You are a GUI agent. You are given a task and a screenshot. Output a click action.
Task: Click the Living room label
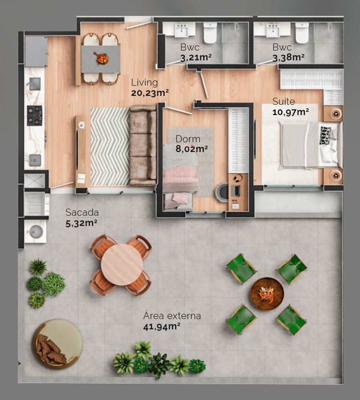click(x=144, y=83)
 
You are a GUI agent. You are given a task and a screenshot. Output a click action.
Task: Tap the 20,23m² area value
click(x=150, y=93)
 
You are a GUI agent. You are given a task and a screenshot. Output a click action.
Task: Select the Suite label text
click(x=284, y=102)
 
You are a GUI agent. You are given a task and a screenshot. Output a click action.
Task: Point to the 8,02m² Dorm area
click(x=191, y=149)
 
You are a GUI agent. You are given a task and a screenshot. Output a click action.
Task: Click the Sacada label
click(x=82, y=212)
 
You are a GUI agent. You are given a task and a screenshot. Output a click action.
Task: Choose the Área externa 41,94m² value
click(x=162, y=326)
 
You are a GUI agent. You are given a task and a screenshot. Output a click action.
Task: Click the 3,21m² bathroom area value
click(x=196, y=58)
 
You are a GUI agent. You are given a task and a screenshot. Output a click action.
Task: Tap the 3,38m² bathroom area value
click(x=288, y=58)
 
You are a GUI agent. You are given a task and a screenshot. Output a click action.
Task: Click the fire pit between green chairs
click(x=267, y=294)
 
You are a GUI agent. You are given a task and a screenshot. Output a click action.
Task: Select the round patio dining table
click(x=122, y=264)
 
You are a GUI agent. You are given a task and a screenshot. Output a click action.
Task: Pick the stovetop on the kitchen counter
click(x=34, y=116)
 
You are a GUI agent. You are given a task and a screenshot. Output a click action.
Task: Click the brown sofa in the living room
click(x=143, y=145)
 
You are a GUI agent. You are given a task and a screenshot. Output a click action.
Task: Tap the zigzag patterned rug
click(x=110, y=146)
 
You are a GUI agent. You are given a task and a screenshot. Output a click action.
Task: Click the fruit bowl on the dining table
click(x=101, y=58)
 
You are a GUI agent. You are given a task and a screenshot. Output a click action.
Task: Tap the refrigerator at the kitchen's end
click(x=36, y=51)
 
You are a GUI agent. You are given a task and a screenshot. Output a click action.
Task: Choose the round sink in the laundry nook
click(x=35, y=231)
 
